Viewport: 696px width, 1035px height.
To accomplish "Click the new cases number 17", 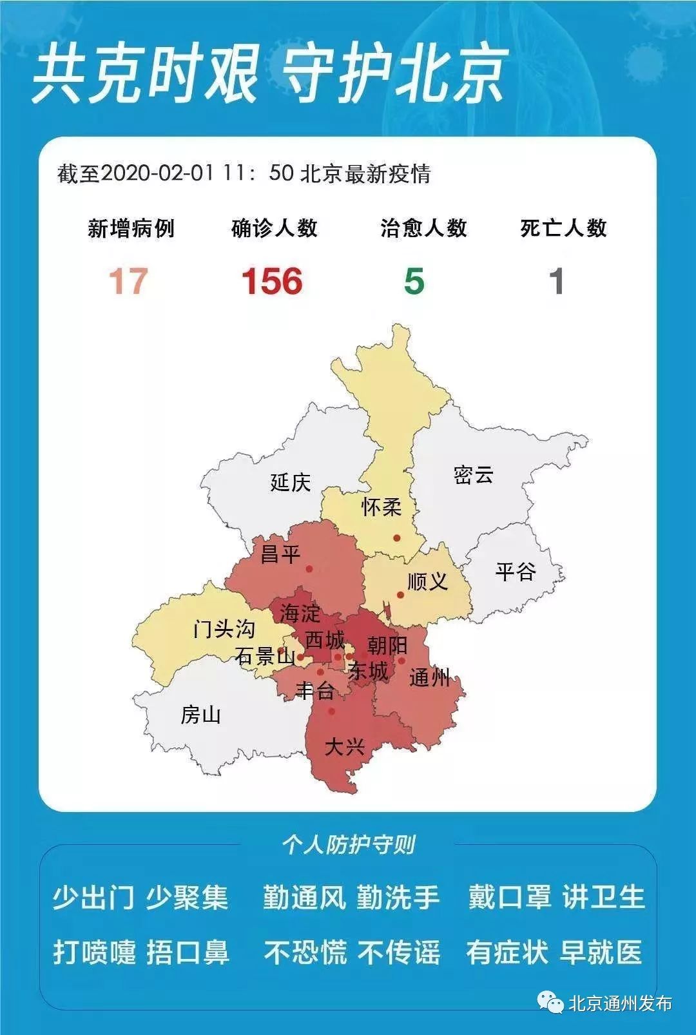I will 128,281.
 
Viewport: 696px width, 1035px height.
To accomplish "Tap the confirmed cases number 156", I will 272,282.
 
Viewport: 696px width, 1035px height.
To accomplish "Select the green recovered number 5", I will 414,282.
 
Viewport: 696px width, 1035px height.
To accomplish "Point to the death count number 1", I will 556,282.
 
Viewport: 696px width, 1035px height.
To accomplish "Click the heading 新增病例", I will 131,228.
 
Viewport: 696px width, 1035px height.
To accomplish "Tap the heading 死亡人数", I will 563,228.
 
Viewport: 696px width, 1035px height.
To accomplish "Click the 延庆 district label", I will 290,482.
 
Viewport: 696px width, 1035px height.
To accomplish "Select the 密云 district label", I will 473,475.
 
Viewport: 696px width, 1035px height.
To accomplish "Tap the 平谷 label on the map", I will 516,571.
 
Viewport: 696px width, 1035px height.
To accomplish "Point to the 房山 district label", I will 200,715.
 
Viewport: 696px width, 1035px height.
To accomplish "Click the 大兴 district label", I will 345,747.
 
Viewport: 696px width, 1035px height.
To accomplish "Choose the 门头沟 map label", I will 224,628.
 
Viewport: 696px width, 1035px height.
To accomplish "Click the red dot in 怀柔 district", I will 397,538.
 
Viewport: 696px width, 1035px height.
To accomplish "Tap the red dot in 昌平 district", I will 309,569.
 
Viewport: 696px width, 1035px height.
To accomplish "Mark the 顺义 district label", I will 427,581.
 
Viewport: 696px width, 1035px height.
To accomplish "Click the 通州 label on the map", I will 430,677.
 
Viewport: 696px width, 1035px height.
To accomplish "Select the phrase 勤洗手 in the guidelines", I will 398,898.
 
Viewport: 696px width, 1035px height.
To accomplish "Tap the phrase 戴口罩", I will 510,898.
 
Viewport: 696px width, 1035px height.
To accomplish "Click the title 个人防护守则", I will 348,844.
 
